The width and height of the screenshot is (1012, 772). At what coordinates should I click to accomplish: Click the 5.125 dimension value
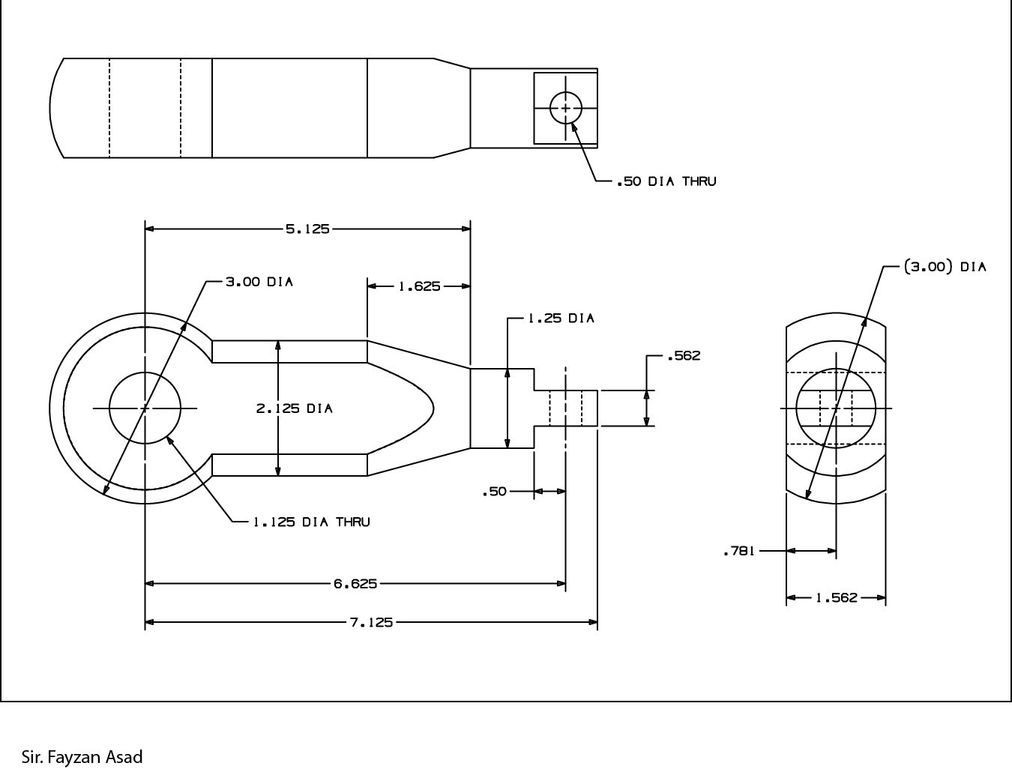pyautogui.click(x=307, y=229)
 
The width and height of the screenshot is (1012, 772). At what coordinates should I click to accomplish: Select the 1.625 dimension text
pyautogui.click(x=419, y=286)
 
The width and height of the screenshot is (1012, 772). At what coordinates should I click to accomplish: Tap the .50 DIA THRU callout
pyautogui.click(x=666, y=181)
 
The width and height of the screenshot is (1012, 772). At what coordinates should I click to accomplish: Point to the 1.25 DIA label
pyautogui.click(x=561, y=319)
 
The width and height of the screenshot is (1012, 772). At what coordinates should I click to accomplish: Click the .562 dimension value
pyautogui.click(x=683, y=355)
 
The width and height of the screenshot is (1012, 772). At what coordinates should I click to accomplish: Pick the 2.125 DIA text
pyautogui.click(x=294, y=408)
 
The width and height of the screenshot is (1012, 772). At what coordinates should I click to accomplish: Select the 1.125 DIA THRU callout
pyautogui.click(x=311, y=522)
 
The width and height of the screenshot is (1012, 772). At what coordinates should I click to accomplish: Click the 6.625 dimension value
pyautogui.click(x=355, y=583)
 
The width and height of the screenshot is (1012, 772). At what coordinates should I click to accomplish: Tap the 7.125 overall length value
pyautogui.click(x=371, y=622)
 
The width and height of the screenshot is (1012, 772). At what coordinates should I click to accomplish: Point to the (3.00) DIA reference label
pyautogui.click(x=945, y=267)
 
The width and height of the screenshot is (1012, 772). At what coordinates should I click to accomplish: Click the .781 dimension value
pyautogui.click(x=738, y=552)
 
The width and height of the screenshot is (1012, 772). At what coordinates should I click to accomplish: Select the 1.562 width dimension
pyautogui.click(x=836, y=598)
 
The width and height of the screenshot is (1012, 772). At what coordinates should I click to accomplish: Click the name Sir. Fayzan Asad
pyautogui.click(x=82, y=757)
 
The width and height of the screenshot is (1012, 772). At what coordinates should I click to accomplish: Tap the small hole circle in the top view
pyautogui.click(x=565, y=108)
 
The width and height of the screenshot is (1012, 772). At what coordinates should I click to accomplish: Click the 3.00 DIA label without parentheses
pyautogui.click(x=259, y=282)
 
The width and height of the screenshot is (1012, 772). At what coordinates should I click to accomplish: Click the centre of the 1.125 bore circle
pyautogui.click(x=145, y=408)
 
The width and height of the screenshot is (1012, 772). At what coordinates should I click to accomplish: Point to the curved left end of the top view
pyautogui.click(x=50, y=108)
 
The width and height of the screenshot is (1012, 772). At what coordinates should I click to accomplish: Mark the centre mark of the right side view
pyautogui.click(x=836, y=408)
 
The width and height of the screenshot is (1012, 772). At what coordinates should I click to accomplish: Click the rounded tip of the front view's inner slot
pyautogui.click(x=433, y=408)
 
